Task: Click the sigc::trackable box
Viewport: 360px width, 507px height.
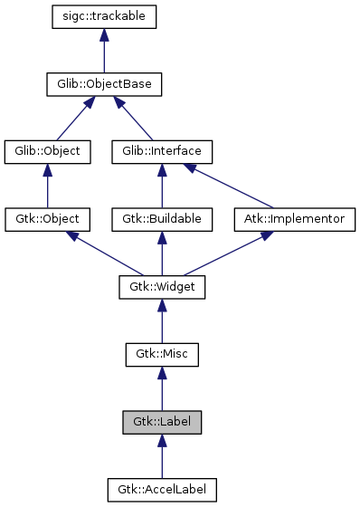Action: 105,17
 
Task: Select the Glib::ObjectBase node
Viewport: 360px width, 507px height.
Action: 105,85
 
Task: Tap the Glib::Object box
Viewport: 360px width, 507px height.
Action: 48,151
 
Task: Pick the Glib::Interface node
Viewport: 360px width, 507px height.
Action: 162,151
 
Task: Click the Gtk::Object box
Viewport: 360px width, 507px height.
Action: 48,219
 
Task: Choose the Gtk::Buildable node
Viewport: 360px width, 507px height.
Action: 162,219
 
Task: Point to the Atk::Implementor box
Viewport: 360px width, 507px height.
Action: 295,219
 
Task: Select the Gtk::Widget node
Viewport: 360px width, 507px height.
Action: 162,287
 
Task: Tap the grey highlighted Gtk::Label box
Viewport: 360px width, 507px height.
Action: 162,422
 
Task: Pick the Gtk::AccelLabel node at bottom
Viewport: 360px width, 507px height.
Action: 162,490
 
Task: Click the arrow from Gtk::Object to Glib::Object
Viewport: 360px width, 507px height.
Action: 48,186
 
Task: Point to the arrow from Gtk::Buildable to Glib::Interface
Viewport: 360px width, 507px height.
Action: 162,186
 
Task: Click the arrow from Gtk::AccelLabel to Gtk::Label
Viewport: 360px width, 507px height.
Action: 162,456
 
